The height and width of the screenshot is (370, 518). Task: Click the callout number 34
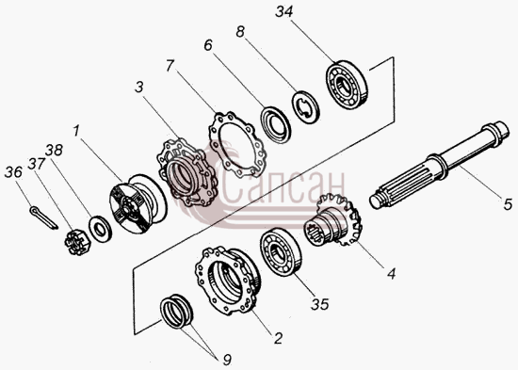tap(284, 12)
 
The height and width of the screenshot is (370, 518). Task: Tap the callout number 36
tap(13, 172)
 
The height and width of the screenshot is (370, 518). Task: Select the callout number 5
tap(508, 204)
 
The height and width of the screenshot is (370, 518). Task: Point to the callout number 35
tap(320, 304)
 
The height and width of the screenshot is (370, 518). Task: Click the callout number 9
tap(227, 360)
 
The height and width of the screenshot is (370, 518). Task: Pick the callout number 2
tap(278, 338)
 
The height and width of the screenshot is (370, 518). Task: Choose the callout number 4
tap(391, 274)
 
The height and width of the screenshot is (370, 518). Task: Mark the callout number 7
tap(170, 66)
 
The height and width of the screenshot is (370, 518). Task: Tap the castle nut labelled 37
tap(76, 243)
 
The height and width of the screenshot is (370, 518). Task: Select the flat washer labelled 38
tap(100, 229)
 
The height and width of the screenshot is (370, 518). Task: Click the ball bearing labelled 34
tap(347, 85)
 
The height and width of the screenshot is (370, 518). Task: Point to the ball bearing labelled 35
tap(281, 251)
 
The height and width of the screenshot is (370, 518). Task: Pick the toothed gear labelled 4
tap(333, 219)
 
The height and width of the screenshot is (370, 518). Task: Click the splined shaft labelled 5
tap(440, 165)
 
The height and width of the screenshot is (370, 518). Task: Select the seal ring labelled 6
tap(276, 125)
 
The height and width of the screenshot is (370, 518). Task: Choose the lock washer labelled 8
tap(305, 107)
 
